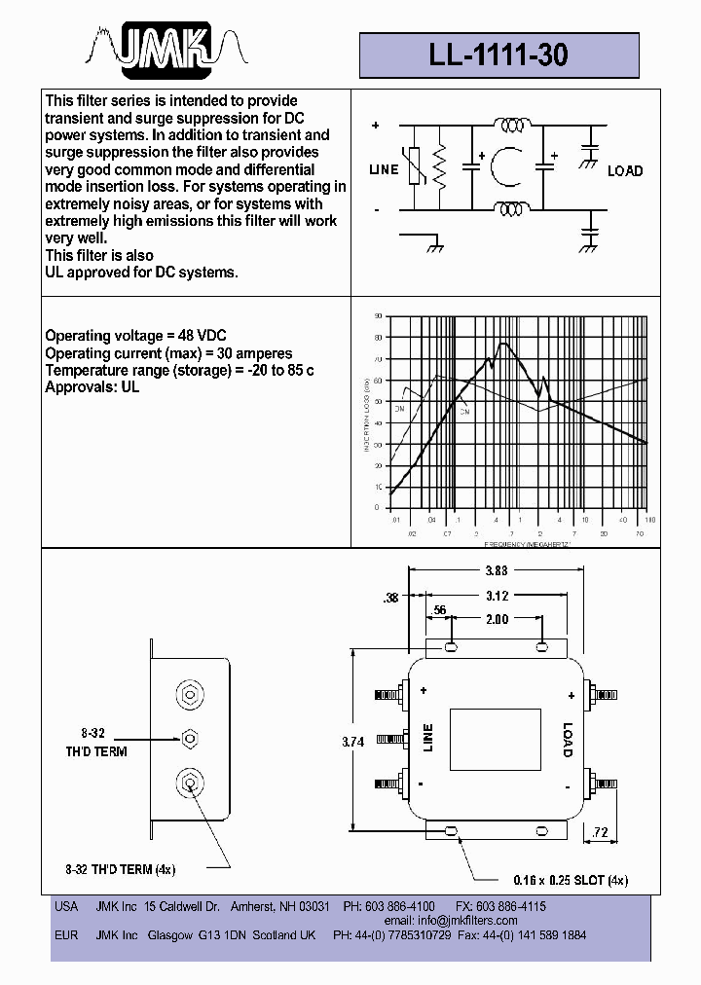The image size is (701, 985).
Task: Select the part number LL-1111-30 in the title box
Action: [x=498, y=55]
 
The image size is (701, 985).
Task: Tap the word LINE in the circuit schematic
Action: [x=385, y=169]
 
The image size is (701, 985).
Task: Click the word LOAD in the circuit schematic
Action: [x=625, y=170]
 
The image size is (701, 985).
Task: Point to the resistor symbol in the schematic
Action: [x=439, y=169]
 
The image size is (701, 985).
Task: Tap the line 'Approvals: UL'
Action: [x=92, y=387]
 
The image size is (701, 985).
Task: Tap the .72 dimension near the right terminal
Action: [x=599, y=833]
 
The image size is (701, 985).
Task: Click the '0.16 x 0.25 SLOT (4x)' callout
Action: [x=556, y=880]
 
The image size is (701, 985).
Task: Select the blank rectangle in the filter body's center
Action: [x=495, y=741]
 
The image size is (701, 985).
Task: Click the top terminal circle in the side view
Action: [x=191, y=695]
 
